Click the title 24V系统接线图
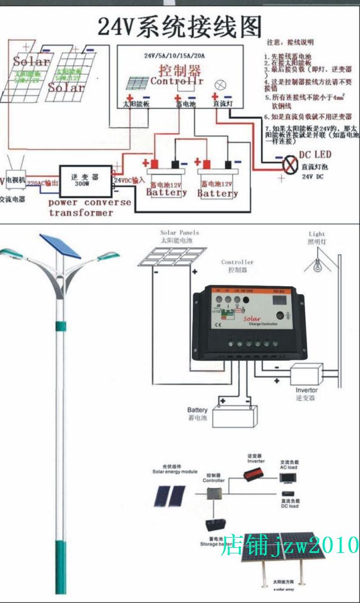coord(179,26)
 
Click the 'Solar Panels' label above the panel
coord(179,232)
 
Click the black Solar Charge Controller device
coord(249,323)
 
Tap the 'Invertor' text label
coord(307,390)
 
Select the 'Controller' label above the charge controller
coord(237,262)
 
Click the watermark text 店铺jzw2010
coord(290,544)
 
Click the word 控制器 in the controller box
coord(179,71)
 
